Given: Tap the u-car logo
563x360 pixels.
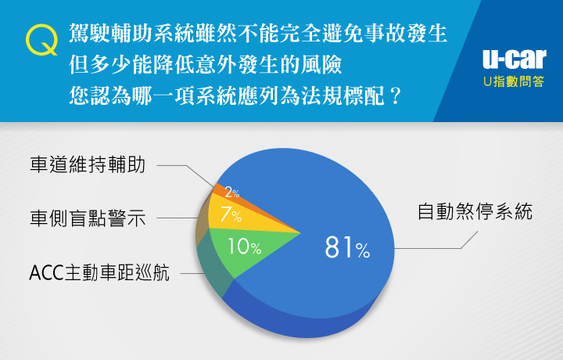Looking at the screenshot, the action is click(515, 59).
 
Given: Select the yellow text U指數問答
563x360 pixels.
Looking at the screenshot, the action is click(514, 81).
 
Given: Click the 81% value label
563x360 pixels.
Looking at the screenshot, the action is click(347, 247).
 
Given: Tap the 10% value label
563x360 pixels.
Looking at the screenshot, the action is click(245, 247).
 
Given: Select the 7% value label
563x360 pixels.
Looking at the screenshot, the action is click(231, 214).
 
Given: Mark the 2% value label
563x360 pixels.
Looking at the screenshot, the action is click(232, 193).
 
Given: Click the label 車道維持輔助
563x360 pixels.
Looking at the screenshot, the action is click(88, 165).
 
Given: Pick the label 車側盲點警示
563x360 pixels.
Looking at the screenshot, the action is click(88, 218).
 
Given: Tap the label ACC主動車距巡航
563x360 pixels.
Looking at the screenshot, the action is click(99, 272).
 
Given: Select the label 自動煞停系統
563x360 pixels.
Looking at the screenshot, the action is click(475, 211).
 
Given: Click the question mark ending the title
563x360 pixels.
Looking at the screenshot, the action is click(395, 96).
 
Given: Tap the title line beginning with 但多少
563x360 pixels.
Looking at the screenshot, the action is click(206, 65).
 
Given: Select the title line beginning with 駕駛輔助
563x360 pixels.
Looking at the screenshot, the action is click(258, 34).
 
